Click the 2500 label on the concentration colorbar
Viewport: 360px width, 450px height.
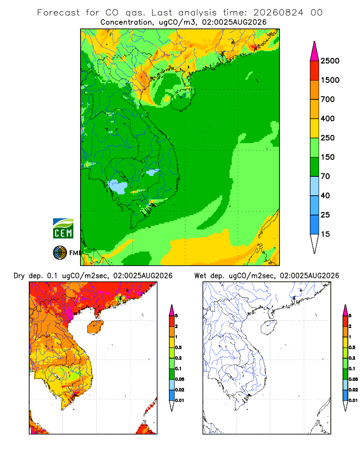[x=330, y=61]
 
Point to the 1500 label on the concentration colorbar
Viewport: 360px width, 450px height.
[x=330, y=80]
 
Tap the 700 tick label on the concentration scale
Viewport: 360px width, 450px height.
[x=328, y=99]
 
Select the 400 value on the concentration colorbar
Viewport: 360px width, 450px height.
[x=328, y=118]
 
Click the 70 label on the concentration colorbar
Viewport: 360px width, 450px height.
[x=325, y=176]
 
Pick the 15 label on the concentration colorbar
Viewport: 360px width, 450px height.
[x=325, y=234]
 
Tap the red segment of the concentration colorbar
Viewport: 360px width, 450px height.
[x=315, y=71]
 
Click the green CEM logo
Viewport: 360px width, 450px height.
[x=63, y=229]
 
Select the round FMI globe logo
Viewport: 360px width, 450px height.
[x=60, y=253]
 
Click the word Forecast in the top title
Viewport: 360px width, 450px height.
[x=58, y=13]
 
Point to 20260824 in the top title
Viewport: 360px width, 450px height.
[x=278, y=13]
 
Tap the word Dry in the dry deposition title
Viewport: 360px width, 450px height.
[x=19, y=276]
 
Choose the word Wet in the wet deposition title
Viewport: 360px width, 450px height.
[x=200, y=276]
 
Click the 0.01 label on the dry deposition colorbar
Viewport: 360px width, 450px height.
[x=180, y=400]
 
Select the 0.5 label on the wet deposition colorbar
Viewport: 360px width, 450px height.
[x=352, y=347]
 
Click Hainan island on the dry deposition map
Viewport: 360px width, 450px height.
[x=95, y=327]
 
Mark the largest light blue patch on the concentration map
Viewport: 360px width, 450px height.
[x=118, y=187]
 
